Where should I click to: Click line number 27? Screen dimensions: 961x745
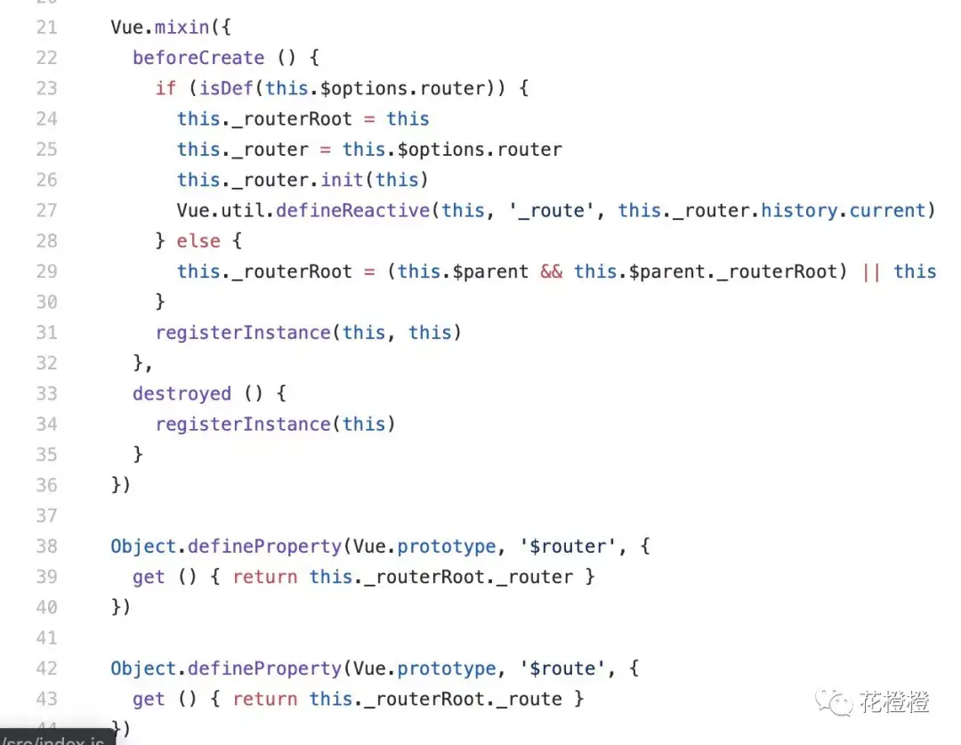coord(46,210)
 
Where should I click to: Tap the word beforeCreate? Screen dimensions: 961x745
coord(198,58)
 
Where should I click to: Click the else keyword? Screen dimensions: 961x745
coord(198,240)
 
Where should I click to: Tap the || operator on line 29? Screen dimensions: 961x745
coord(872,271)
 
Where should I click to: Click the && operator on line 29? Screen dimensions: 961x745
coord(552,271)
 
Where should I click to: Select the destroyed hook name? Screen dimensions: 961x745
coord(182,393)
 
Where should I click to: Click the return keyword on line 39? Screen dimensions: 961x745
coord(265,577)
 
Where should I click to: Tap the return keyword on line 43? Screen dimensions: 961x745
coord(265,699)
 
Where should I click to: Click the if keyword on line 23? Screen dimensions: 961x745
coord(166,88)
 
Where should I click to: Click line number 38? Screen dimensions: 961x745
coord(46,546)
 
